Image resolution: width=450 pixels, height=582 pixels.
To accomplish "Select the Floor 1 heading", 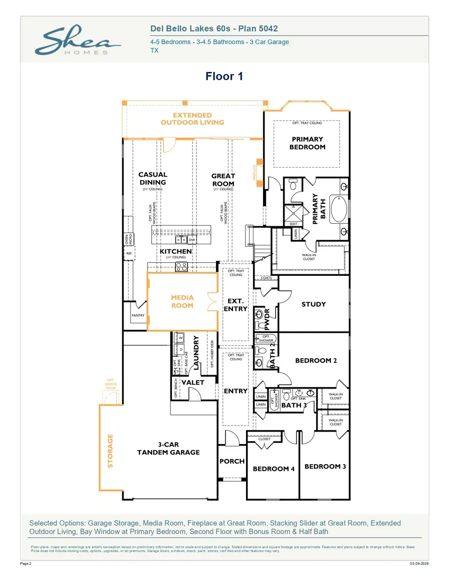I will point(224,76).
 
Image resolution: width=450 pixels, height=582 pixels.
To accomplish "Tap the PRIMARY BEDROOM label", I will point(307,143).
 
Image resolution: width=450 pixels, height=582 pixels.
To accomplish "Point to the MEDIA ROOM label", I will point(182,301).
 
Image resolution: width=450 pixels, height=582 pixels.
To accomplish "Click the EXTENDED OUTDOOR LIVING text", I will point(192,119).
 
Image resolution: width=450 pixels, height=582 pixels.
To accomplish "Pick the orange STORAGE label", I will point(110,450).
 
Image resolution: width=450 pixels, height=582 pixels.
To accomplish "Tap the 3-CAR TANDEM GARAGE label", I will point(168,448).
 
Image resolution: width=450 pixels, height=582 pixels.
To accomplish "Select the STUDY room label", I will point(313,304).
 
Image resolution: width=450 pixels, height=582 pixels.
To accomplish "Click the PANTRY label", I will point(138,316).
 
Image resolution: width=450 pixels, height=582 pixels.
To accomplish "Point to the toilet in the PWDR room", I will point(258,315).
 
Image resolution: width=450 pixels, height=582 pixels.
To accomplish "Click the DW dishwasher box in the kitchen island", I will point(192,240).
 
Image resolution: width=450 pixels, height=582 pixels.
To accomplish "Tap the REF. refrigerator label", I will point(128,253).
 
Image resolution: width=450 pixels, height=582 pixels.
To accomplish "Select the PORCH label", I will point(232,461).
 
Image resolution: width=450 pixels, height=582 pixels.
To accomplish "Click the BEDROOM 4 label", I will point(273,469).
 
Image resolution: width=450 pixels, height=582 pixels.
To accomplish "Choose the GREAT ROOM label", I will point(223,180).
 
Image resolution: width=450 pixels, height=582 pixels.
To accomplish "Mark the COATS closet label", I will point(266,278).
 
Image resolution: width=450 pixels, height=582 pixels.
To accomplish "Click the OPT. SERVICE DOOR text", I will point(111,385).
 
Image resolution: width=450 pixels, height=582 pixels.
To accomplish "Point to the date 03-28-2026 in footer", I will point(419,564).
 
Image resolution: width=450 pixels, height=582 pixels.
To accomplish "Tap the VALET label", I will point(192,382).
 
